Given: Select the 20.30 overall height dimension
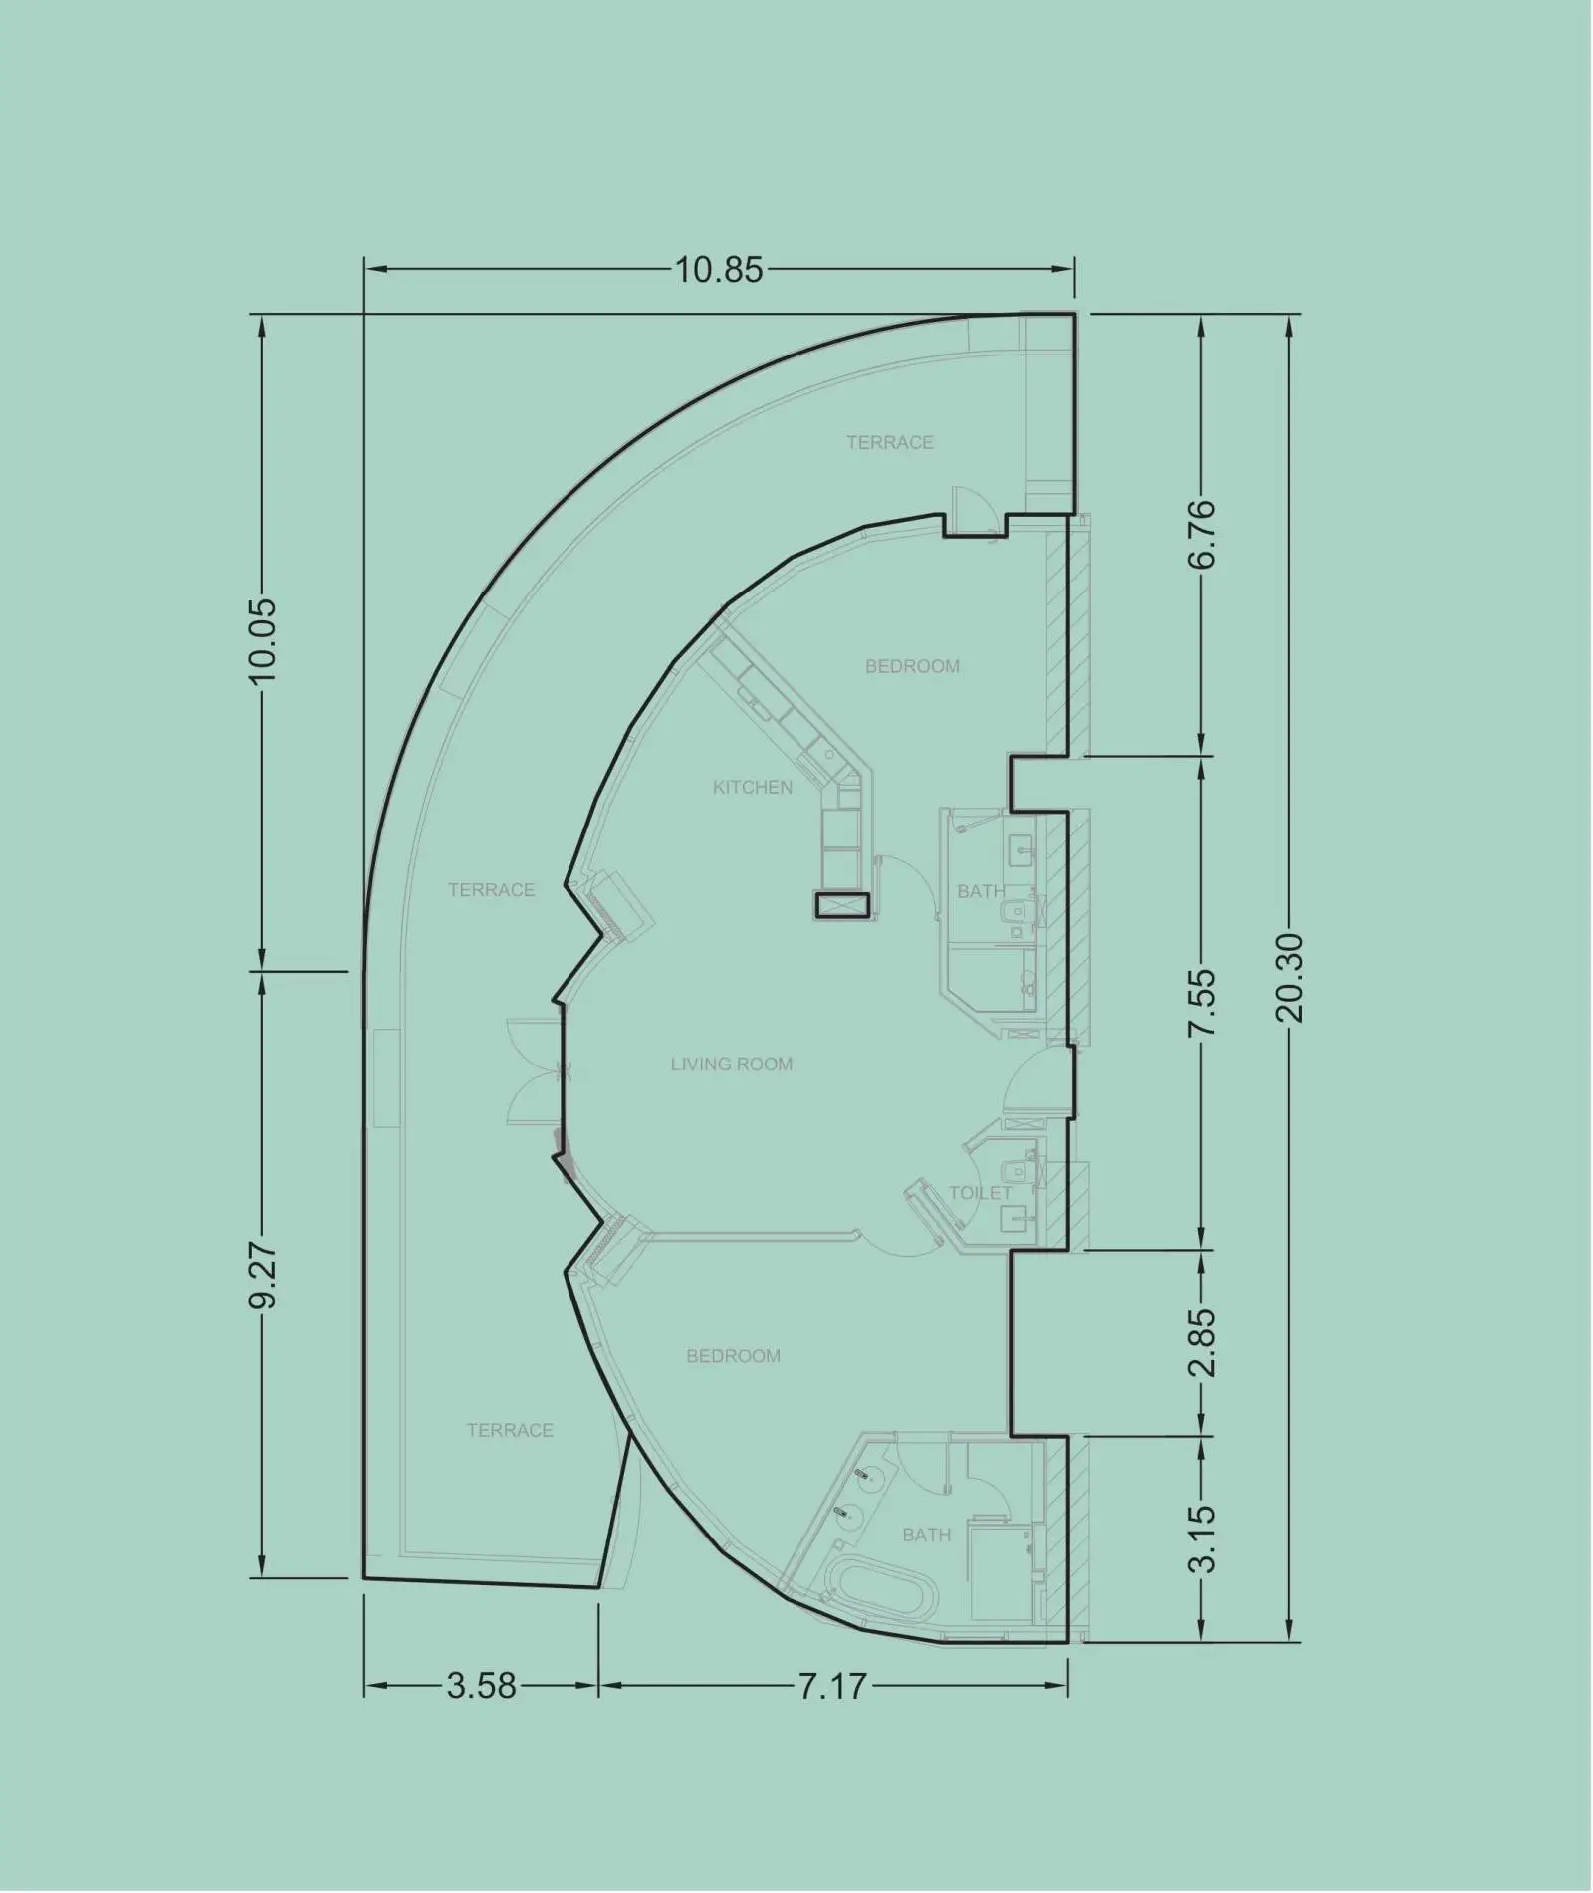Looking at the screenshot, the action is coord(1290,978).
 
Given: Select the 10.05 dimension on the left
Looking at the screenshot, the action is coord(264,640).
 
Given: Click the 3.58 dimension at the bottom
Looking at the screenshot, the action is coord(482,1678).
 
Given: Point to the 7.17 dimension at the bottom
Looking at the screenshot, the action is coord(832,1678).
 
